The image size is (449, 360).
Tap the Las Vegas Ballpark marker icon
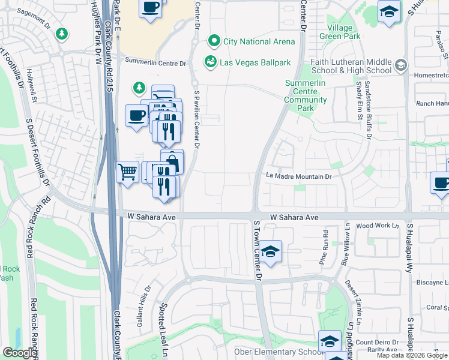coord(211,61)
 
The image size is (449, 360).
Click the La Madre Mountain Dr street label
coord(299,176)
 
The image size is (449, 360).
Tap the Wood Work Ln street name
coord(378,226)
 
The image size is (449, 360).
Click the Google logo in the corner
coord(20,353)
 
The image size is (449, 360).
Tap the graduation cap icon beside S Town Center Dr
coord(271,253)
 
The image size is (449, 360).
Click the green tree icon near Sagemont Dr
coord(61,34)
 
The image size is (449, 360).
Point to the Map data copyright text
coord(412,355)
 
